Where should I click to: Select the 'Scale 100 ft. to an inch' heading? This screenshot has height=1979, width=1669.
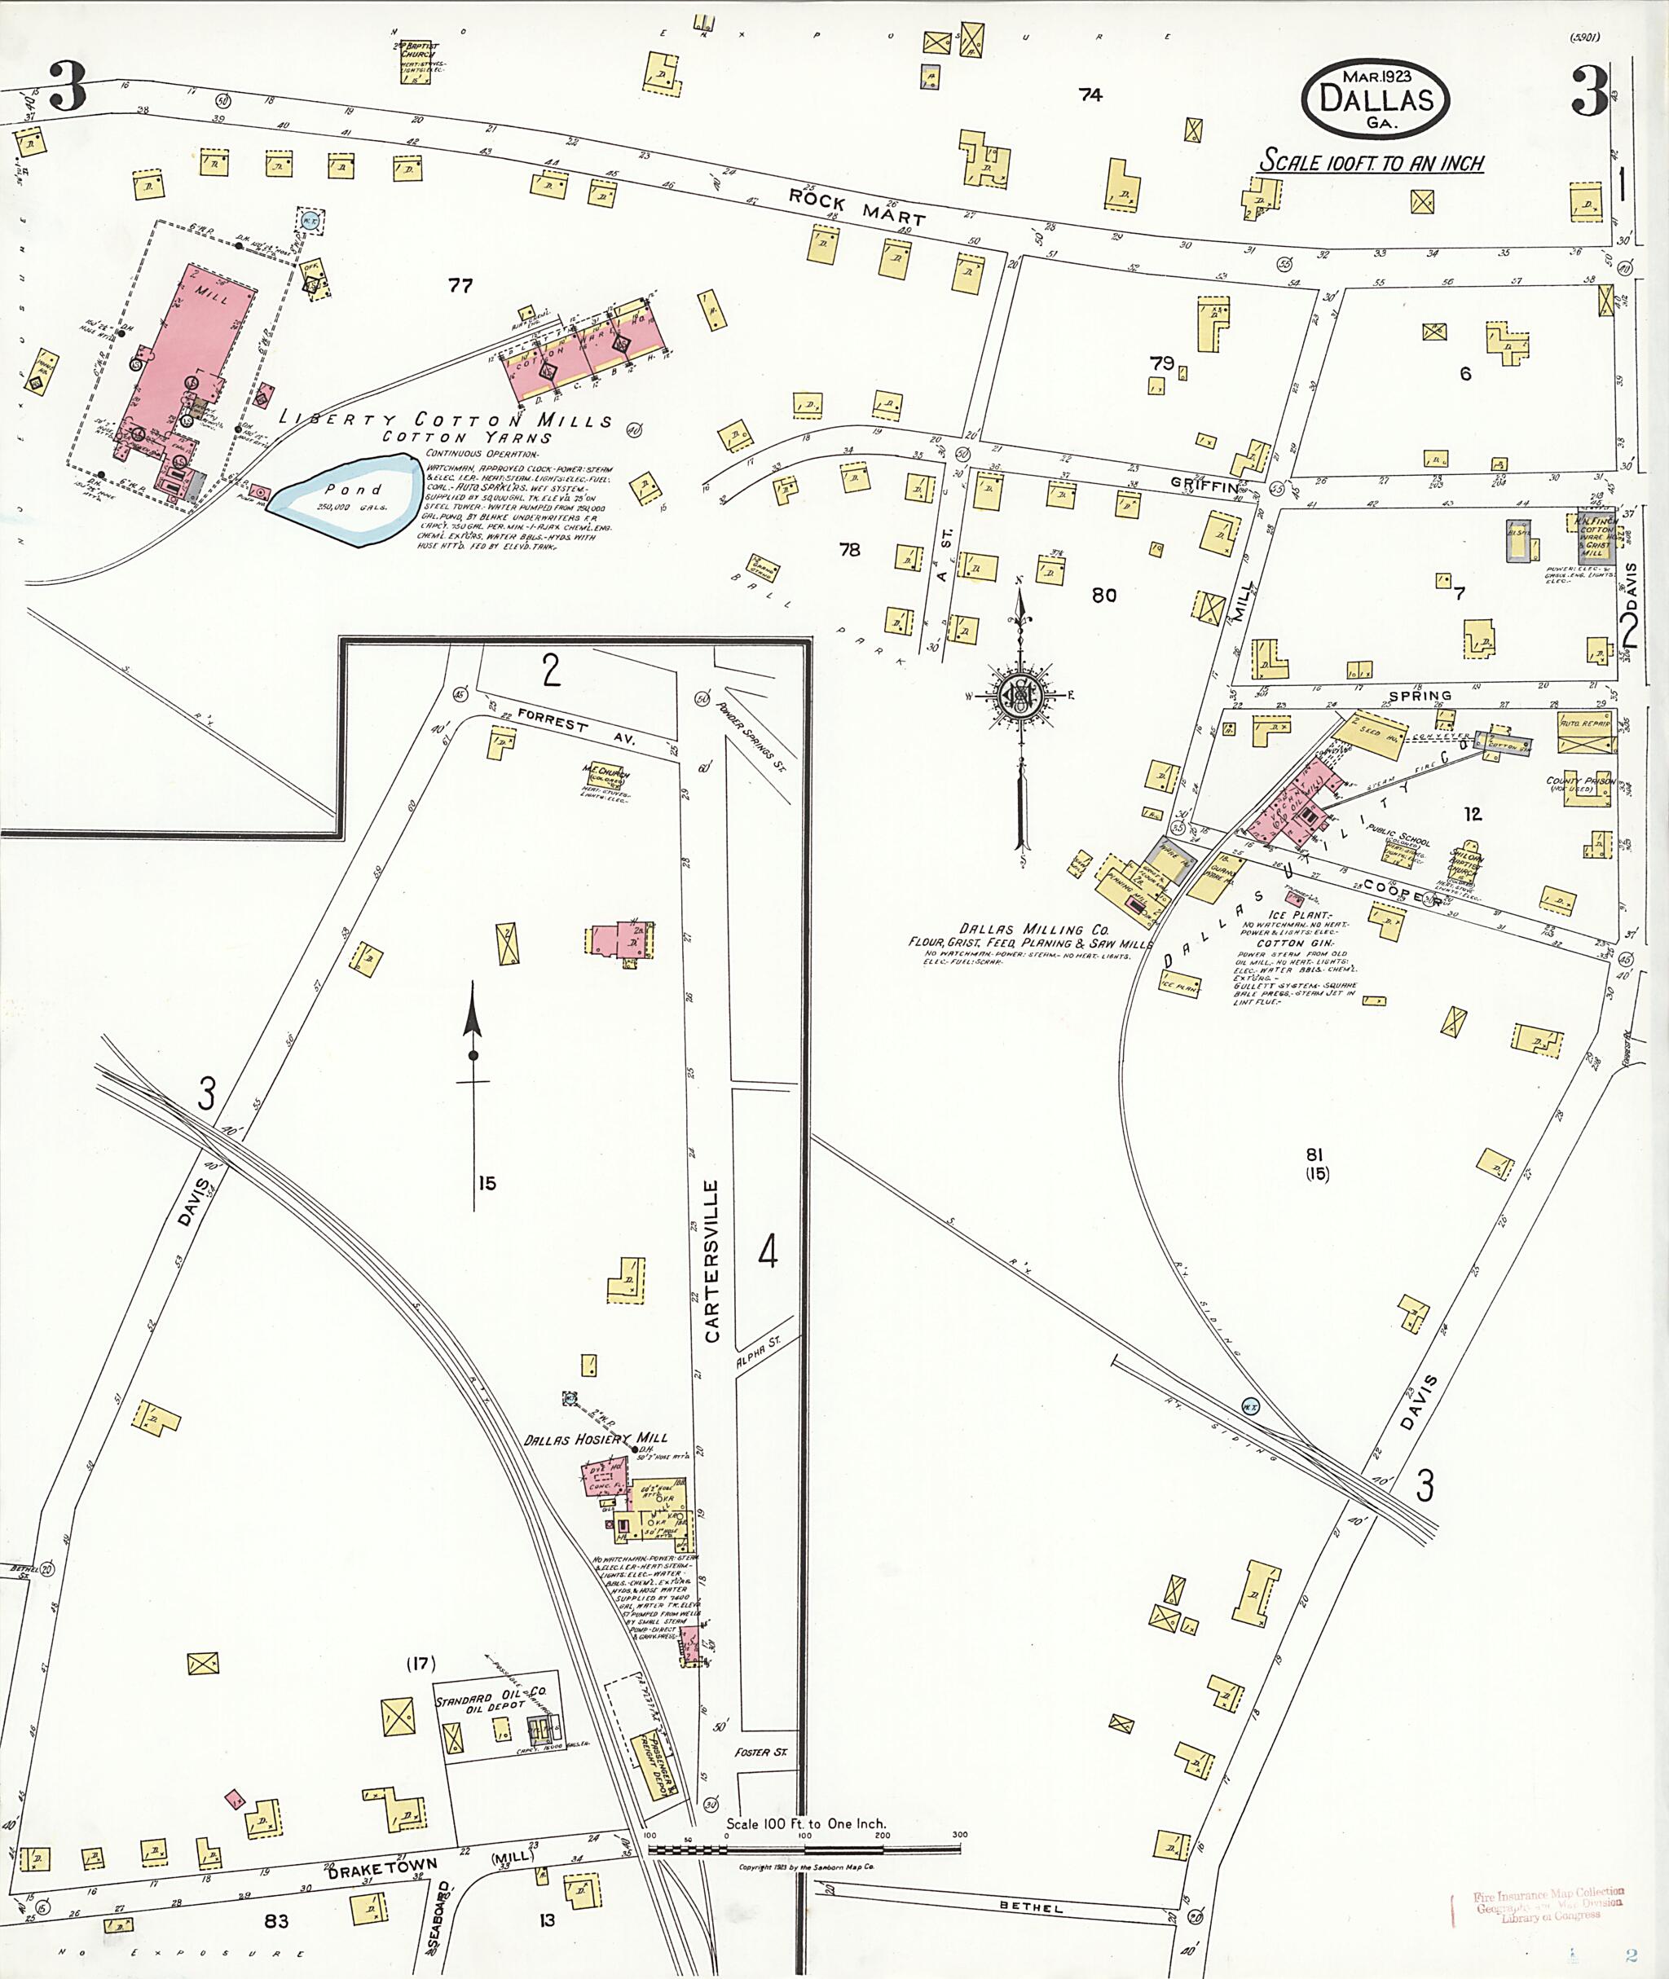click(1370, 163)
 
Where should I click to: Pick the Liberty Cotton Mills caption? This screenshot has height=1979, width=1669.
click(446, 421)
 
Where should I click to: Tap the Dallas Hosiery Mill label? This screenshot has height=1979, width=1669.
click(595, 1439)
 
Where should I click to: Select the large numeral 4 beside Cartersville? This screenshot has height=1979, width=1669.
click(768, 1253)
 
